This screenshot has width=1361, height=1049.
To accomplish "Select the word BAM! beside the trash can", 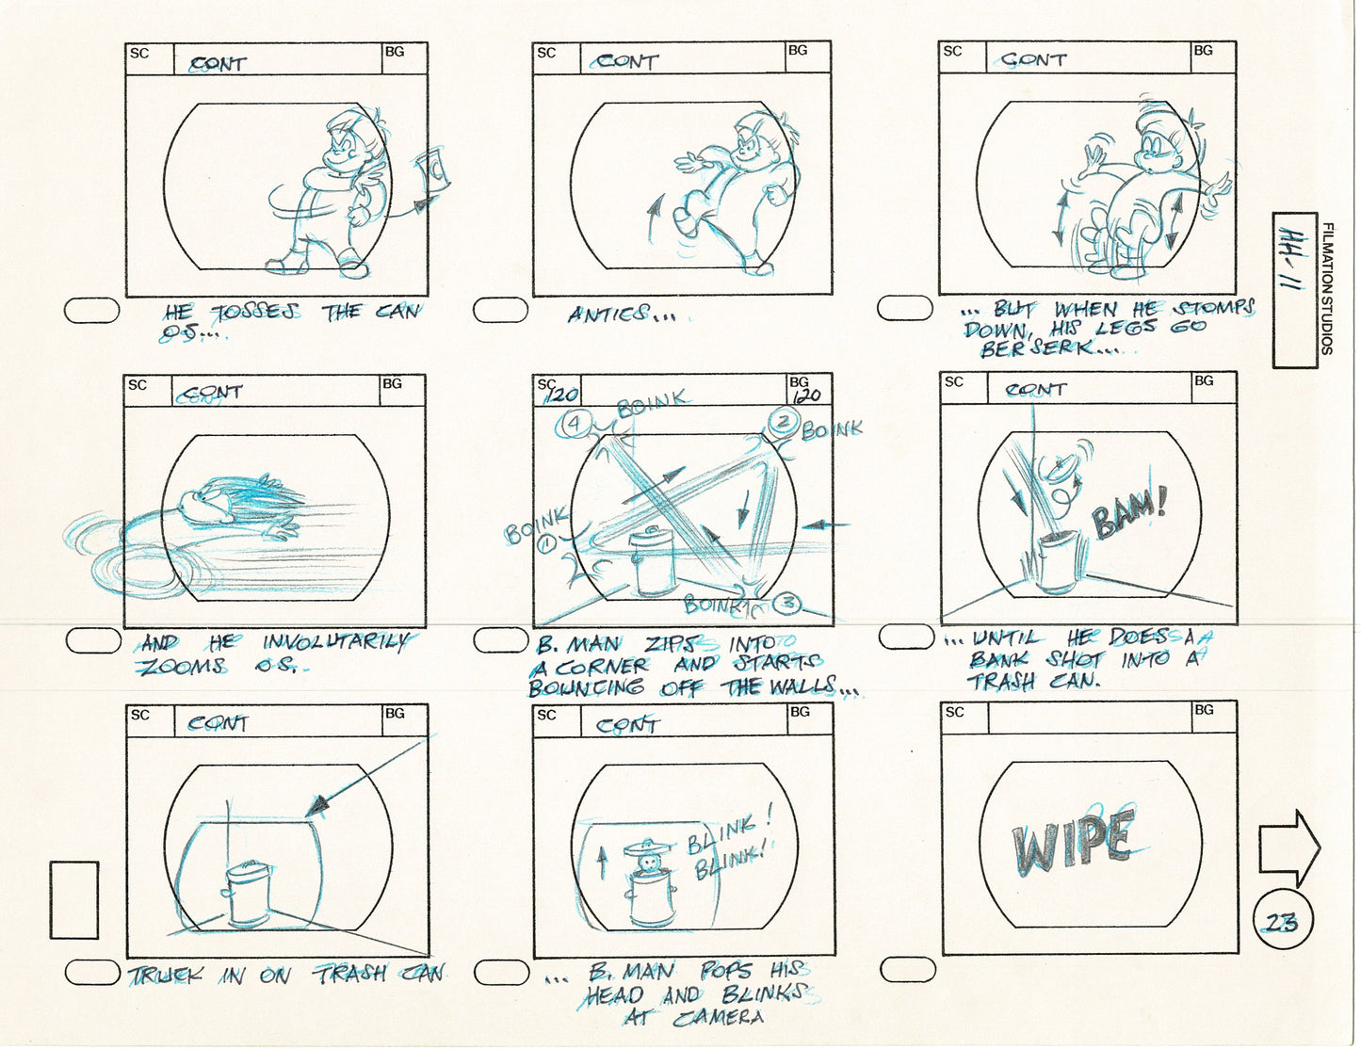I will [x=1130, y=514].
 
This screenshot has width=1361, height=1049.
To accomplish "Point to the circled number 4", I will [x=574, y=424].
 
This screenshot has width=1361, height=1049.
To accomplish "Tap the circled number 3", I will [x=789, y=602].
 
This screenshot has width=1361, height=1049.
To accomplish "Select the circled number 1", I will [x=544, y=543].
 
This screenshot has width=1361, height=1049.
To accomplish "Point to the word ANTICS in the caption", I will [x=608, y=315].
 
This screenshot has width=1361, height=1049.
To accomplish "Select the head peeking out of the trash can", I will [x=647, y=862].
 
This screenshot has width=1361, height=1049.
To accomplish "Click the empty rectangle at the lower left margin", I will [x=74, y=900].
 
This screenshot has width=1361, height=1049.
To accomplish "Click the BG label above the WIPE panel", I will [x=1204, y=711].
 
